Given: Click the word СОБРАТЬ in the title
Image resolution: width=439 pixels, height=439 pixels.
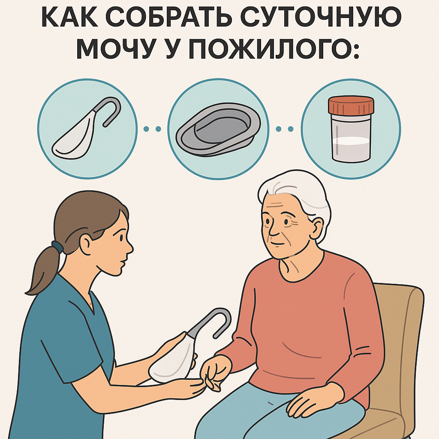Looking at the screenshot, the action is pos(171,18).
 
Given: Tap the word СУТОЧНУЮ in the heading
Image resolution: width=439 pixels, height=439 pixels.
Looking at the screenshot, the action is pos(321,18).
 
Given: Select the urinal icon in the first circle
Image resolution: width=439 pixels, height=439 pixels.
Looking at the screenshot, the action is pos(86,128).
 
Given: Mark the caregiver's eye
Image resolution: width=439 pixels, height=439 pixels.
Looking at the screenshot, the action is pos(121,238).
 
